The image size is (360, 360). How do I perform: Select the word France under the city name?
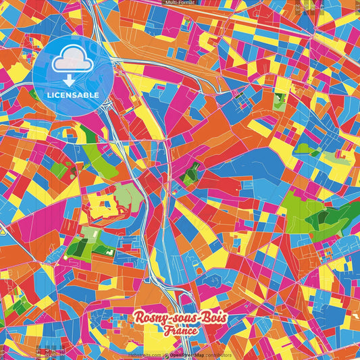click(180, 331)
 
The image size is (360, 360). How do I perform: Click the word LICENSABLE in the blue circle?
click(72, 94)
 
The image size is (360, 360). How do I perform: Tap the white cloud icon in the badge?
click(72, 62)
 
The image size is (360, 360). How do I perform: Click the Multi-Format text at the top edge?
click(180, 3)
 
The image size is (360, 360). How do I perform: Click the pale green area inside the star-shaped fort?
click(126, 197)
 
